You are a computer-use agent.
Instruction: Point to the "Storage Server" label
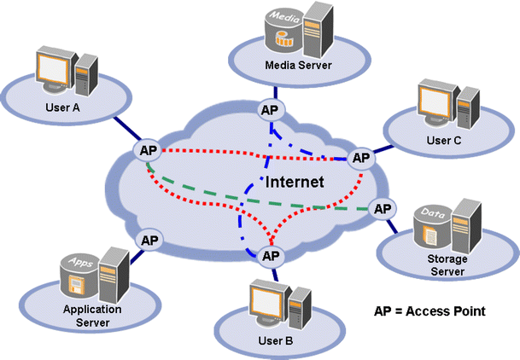pos(445,264)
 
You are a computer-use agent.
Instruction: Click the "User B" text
pos(276,341)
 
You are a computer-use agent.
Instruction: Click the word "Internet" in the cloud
pos(295,182)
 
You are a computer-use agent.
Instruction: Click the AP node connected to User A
pos(146,151)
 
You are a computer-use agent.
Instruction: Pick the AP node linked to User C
pos(362,158)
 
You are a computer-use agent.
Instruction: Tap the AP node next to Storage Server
pos(383,208)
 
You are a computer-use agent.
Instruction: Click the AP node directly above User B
pos(271,255)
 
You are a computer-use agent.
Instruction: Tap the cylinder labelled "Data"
pos(430,226)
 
